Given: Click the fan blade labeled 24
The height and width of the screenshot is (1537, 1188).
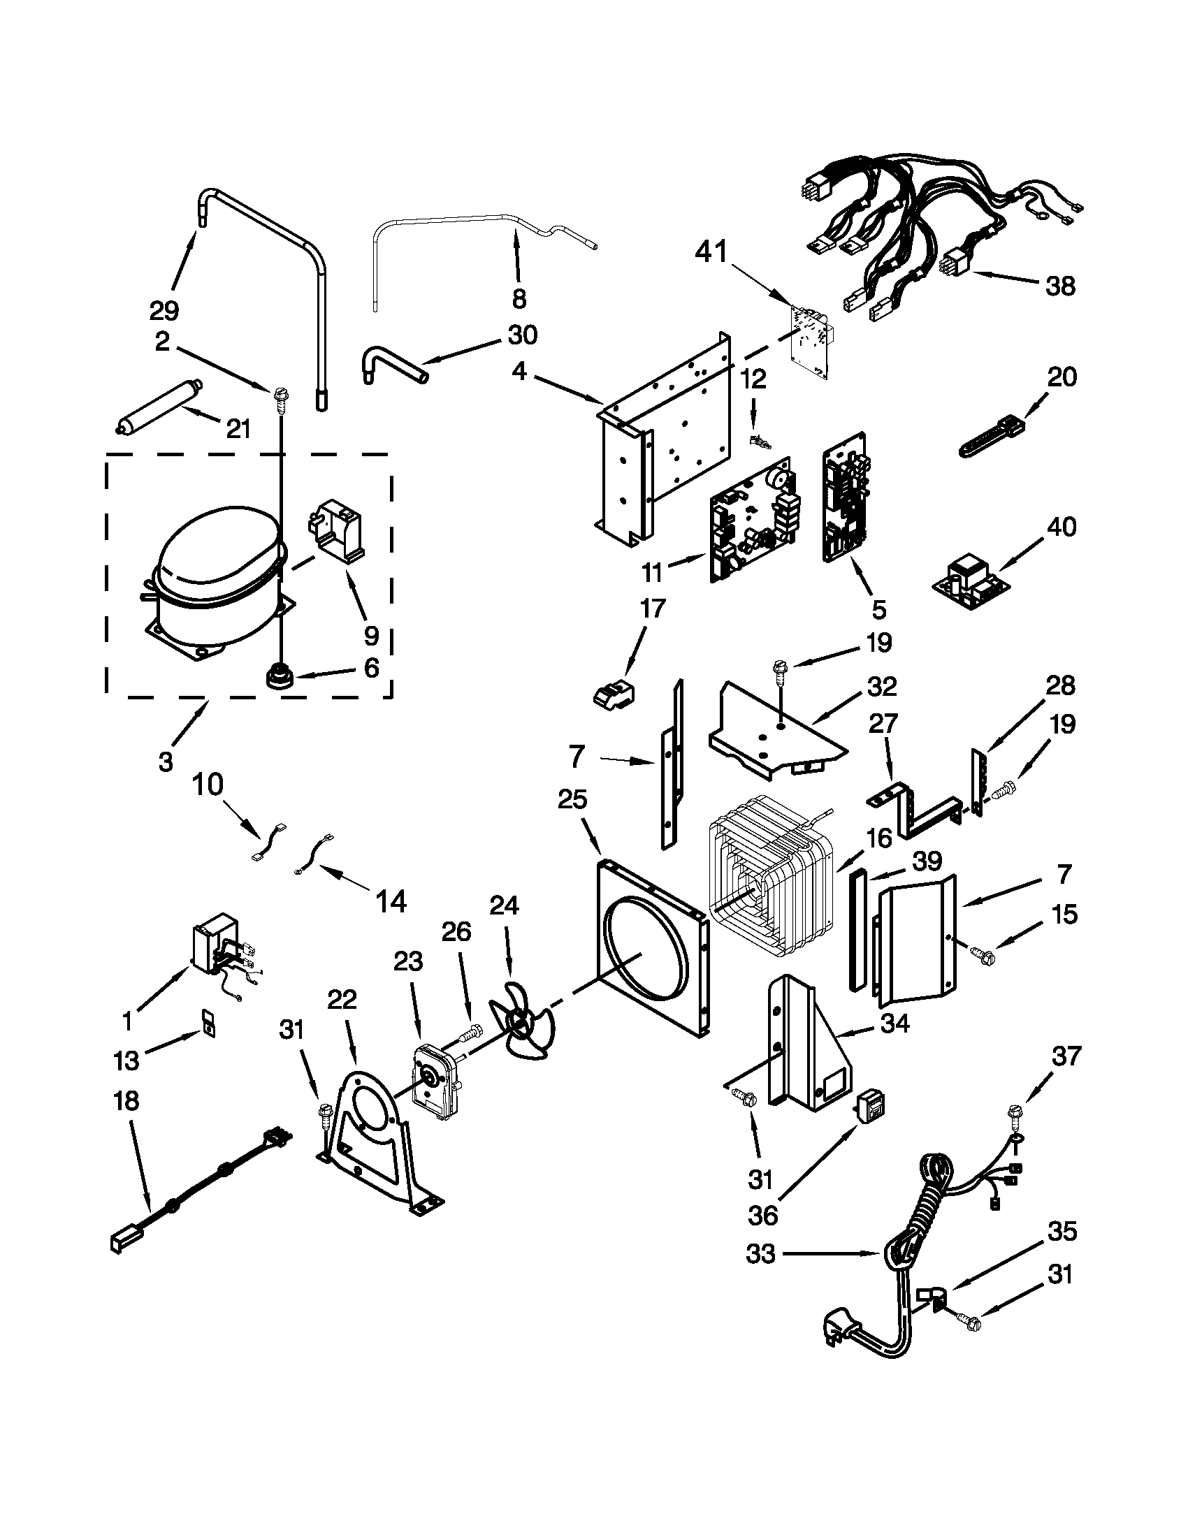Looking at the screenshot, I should click(x=523, y=1027).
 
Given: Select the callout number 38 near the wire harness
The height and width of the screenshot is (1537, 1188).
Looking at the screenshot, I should click(x=1060, y=286).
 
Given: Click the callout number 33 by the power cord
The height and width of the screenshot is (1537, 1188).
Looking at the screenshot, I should click(x=761, y=1253).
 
